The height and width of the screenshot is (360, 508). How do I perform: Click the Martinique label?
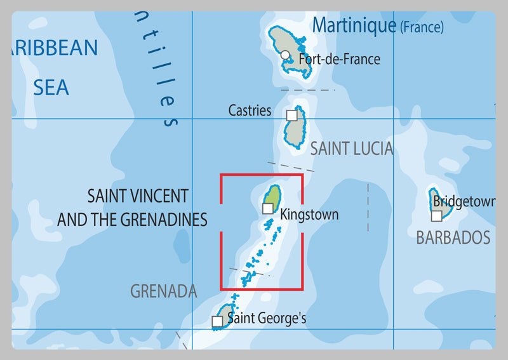point(354,25)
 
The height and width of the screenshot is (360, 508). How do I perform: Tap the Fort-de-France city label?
point(339,59)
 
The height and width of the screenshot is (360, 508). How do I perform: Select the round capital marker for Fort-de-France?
point(286,55)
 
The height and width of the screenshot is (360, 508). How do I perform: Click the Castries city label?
point(250,110)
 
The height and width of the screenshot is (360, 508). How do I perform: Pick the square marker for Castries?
point(291,115)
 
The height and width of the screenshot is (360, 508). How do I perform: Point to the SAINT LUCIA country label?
point(351,149)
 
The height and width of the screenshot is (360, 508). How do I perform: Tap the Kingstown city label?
point(309,215)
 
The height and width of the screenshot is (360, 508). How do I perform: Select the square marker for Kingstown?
point(268,208)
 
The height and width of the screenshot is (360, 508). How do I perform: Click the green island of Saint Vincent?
point(273,196)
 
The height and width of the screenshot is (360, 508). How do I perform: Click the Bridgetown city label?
point(464,202)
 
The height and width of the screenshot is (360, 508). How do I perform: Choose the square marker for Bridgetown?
point(436,216)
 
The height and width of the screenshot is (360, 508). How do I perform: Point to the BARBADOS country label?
point(453,238)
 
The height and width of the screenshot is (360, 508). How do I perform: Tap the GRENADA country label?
point(163,291)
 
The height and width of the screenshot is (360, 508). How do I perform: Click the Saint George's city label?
point(267,318)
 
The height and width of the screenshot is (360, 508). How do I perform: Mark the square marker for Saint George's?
point(217,322)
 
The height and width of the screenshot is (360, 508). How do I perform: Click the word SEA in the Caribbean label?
point(51,87)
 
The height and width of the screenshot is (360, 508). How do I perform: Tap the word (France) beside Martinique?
point(421,27)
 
